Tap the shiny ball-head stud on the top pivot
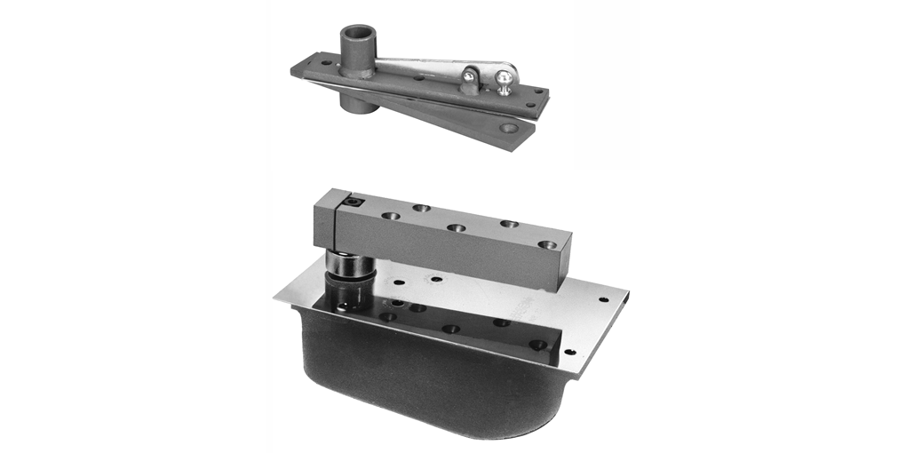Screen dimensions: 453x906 tap(504, 79)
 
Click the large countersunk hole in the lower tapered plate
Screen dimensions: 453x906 tap(508, 128)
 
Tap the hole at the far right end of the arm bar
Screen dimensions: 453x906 tap(547, 243)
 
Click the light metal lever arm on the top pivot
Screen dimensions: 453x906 tap(426, 64)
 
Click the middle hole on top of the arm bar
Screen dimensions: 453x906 tap(456, 227)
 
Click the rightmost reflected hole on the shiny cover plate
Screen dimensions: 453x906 tap(537, 344)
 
